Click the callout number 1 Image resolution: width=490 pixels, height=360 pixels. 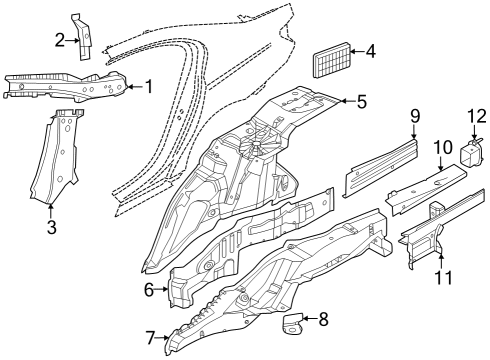[x=148, y=87]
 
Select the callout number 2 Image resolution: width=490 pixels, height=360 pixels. [x=60, y=40]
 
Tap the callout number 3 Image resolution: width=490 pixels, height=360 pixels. [x=52, y=226]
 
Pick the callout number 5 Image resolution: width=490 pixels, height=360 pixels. [x=361, y=100]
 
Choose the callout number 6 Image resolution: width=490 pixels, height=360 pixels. [x=149, y=290]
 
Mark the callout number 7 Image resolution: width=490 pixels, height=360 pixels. [x=150, y=338]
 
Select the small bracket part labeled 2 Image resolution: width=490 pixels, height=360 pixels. [x=84, y=31]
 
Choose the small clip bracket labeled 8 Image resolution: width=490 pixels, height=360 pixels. [x=294, y=322]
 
